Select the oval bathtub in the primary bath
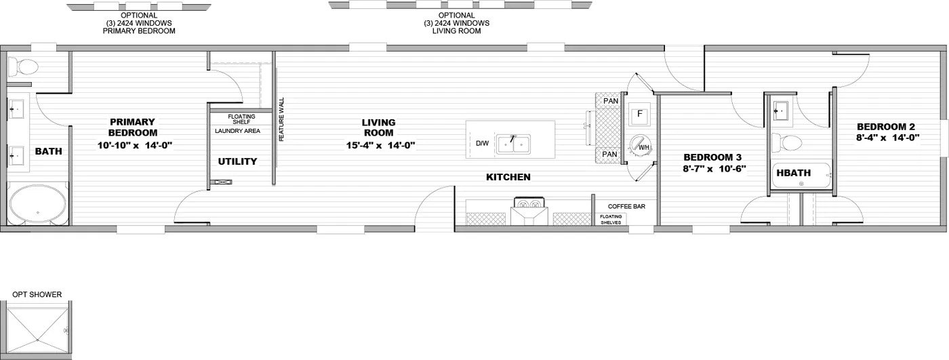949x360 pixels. [x=37, y=204]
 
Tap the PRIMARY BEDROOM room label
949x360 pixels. [x=133, y=127]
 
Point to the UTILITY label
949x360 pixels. [x=237, y=161]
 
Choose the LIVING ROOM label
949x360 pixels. [x=380, y=127]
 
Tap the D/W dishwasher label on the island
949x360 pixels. [x=482, y=144]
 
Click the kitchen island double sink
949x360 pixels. [x=514, y=144]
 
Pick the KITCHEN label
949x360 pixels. [x=508, y=178]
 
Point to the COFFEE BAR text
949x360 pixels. [x=626, y=206]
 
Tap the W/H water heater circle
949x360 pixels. [x=641, y=145]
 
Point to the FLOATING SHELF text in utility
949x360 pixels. [x=241, y=119]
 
